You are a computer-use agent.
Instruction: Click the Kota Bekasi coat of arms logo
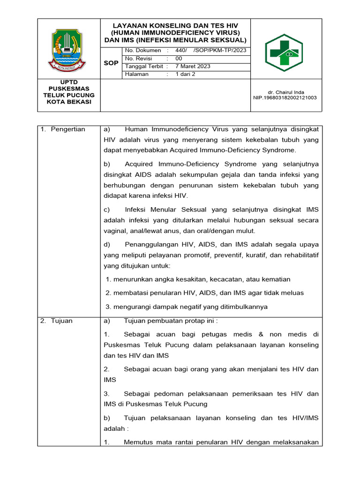tap(68, 49)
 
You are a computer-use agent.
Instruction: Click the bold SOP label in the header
tap(111, 63)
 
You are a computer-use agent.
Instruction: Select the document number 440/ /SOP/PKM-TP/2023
tap(210, 51)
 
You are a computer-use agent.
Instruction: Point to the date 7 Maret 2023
tap(193, 66)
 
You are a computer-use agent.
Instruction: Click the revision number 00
tap(179, 59)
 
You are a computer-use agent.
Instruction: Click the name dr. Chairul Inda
tap(285, 92)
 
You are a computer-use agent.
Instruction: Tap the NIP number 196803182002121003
tap(285, 98)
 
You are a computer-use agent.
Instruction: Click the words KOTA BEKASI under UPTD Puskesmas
tap(68, 102)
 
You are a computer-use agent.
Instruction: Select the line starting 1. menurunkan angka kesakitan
tap(198, 279)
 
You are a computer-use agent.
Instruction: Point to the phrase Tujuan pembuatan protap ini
tap(171, 321)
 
